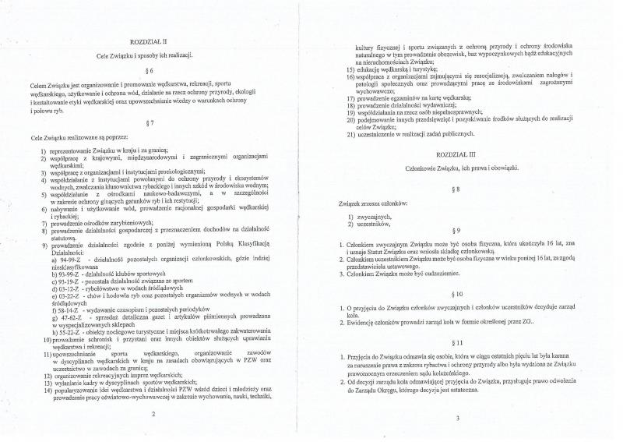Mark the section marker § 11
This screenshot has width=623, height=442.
pyautogui.click(x=459, y=342)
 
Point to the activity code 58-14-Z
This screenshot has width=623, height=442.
pyautogui.click(x=60, y=310)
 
